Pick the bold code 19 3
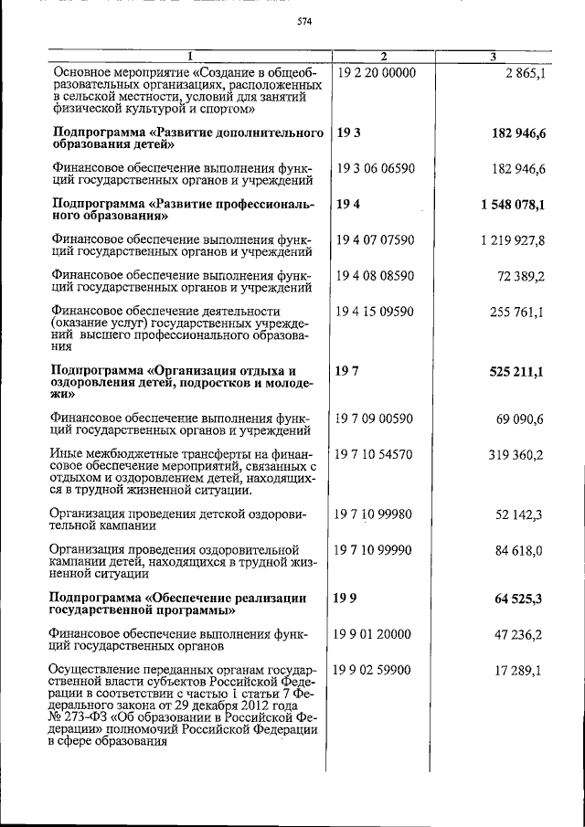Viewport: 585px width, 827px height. [348, 134]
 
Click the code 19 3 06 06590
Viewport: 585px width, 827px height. [376, 170]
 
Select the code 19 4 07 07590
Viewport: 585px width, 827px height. [376, 240]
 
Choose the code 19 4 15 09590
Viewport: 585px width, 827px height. [376, 312]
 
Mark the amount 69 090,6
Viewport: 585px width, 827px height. [518, 419]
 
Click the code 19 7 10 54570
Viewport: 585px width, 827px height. [376, 454]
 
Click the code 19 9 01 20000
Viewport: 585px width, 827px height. [376, 633]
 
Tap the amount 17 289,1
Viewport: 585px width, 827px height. [518, 670]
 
